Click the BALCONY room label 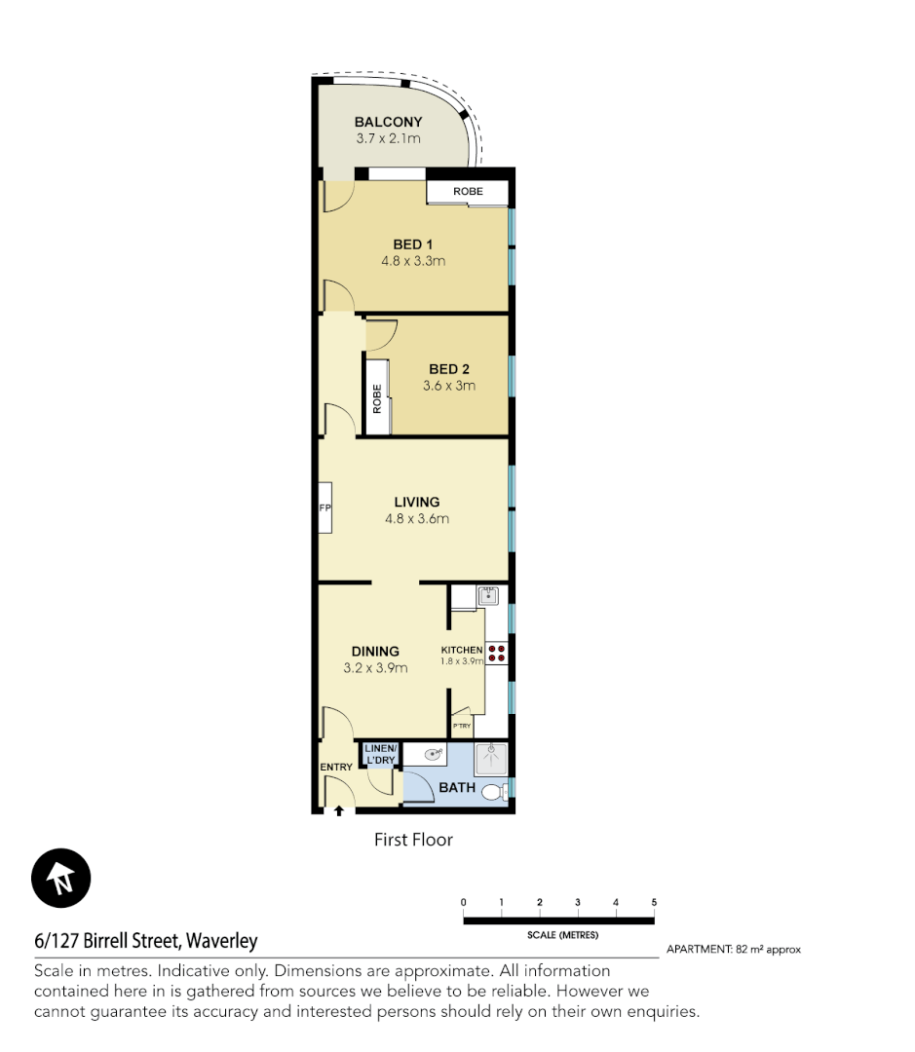[x=388, y=122]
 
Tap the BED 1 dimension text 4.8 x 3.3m [x=413, y=261]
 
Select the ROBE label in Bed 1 [x=468, y=192]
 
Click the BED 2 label [x=449, y=369]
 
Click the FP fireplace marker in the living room [x=325, y=508]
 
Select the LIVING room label [x=416, y=502]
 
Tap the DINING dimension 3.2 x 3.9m [x=375, y=668]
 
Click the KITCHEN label [x=462, y=650]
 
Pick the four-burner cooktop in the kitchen [x=497, y=653]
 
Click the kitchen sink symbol [x=488, y=595]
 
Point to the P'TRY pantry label [x=461, y=727]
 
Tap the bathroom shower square [x=491, y=759]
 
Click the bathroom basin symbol [x=433, y=754]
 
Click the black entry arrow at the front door [x=338, y=809]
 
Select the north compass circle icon [x=61, y=879]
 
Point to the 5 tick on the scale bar [x=654, y=903]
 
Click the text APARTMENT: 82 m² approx [x=733, y=949]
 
